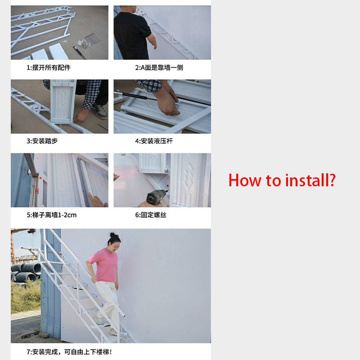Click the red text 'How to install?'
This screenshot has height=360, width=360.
(282, 180)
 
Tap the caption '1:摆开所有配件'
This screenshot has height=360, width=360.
(48, 67)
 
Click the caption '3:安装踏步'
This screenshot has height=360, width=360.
(42, 141)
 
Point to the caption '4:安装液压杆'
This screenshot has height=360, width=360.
(153, 141)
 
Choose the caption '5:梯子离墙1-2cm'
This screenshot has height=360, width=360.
(51, 215)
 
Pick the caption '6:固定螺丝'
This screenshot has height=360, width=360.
(151, 215)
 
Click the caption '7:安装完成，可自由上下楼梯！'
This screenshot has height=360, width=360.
(69, 351)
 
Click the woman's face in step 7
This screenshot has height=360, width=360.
(112, 243)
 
